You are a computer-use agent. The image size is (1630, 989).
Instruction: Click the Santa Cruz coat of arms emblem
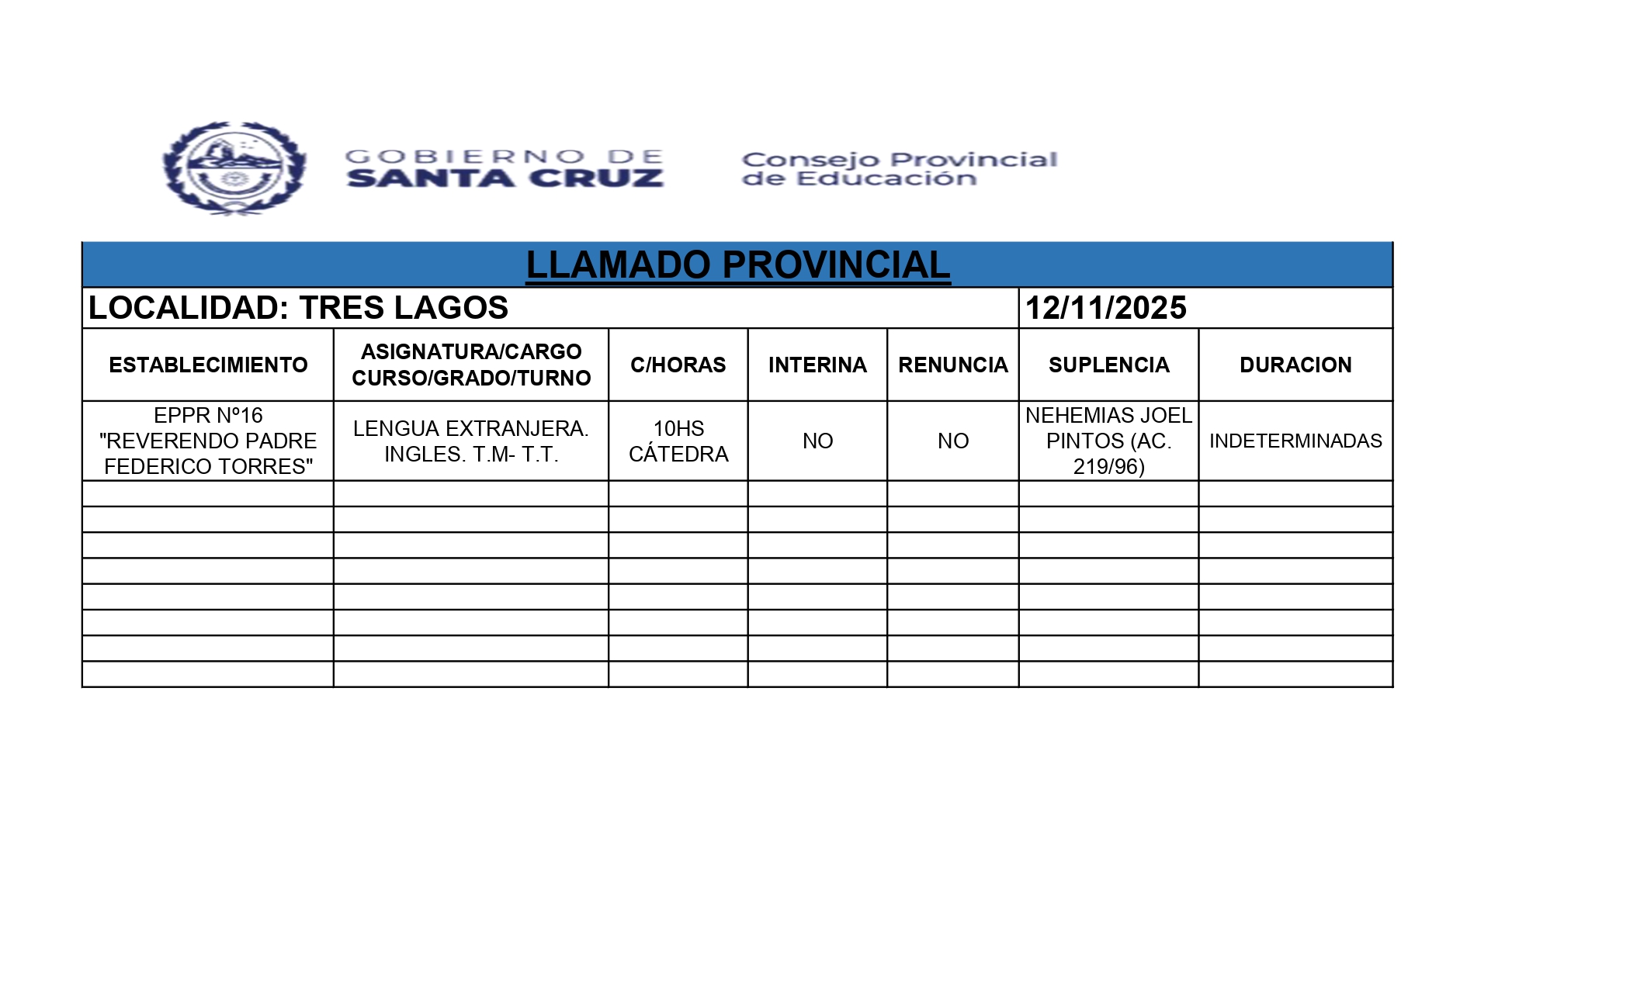234,168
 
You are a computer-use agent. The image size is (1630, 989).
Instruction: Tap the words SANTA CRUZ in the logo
505,178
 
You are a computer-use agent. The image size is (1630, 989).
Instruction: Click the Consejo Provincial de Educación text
899,169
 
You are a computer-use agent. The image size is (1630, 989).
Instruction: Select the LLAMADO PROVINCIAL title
737,265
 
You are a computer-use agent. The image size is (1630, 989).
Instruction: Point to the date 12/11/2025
1105,308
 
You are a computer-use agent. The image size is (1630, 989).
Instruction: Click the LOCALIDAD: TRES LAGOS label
298,308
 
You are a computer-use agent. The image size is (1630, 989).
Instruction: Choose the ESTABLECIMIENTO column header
208,365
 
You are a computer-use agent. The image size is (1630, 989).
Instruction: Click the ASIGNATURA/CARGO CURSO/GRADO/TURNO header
471,365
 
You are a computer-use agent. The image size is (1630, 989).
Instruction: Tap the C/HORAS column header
678,365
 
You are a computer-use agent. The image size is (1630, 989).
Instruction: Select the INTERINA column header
817,365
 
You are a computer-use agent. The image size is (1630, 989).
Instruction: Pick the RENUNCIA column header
952,365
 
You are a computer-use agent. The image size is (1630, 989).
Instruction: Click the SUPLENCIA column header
1108,365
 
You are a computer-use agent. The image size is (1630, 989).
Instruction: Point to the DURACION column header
1295,365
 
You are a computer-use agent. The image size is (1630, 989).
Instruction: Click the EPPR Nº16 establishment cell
208,441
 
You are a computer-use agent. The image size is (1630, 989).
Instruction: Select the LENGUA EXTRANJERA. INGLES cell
471,441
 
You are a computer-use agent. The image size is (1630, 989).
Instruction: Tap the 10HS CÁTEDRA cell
678,441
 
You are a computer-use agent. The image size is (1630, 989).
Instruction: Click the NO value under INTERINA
817,441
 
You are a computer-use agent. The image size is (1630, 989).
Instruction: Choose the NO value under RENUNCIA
952,441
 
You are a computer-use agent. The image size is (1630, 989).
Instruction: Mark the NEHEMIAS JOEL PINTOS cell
1108,441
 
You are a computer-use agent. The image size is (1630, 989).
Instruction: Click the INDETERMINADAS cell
1295,441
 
